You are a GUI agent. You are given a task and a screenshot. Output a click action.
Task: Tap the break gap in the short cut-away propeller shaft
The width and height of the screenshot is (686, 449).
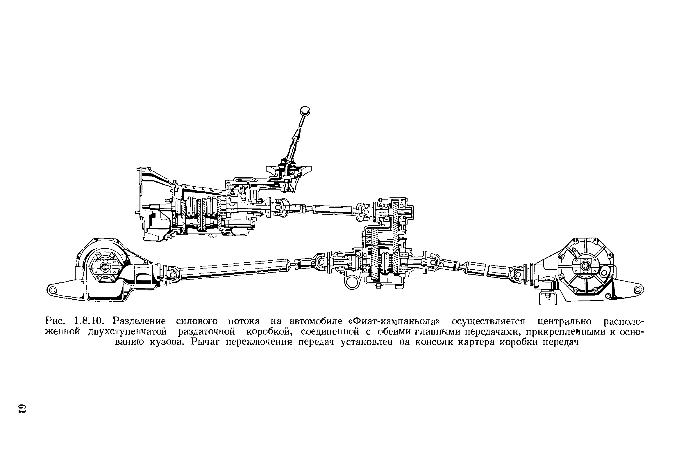[x=487, y=268]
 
